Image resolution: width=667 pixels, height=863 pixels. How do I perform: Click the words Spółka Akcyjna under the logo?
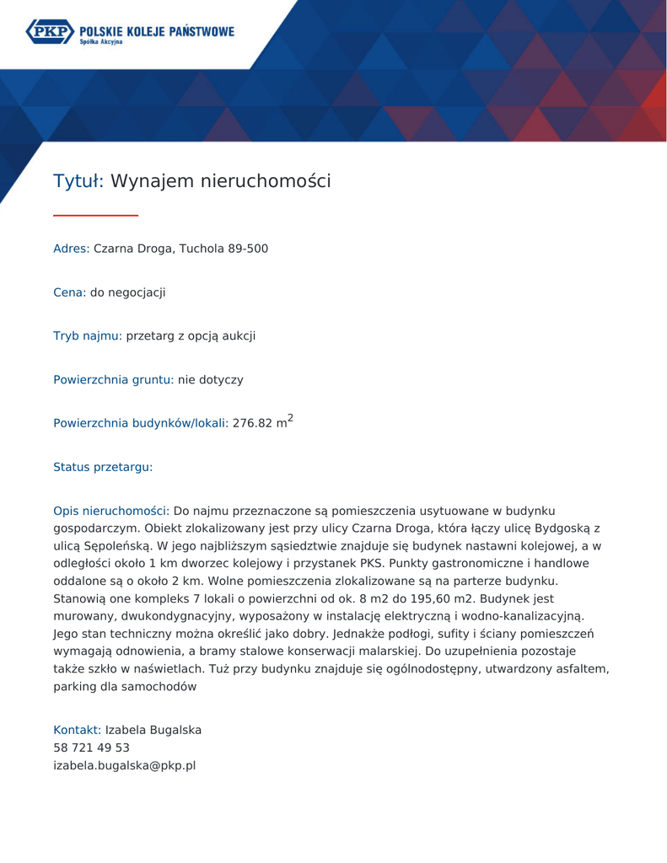click(101, 41)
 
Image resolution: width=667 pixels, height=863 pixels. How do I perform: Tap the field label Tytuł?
click(77, 181)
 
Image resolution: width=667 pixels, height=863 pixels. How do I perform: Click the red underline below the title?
click(95, 216)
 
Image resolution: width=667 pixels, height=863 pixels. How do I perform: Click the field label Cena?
click(69, 292)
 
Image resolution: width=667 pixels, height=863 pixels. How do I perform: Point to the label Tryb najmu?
click(88, 336)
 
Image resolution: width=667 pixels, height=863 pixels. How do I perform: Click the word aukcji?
click(237, 336)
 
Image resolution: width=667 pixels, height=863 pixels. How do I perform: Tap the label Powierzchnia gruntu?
click(113, 380)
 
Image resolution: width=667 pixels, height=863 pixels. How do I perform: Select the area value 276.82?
click(251, 424)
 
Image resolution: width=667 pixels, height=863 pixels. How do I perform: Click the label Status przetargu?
click(103, 467)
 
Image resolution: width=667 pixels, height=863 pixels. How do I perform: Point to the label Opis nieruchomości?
click(111, 511)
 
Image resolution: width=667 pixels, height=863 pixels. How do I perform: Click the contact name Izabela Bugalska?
click(153, 730)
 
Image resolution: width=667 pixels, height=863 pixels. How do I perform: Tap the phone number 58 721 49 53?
click(91, 748)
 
